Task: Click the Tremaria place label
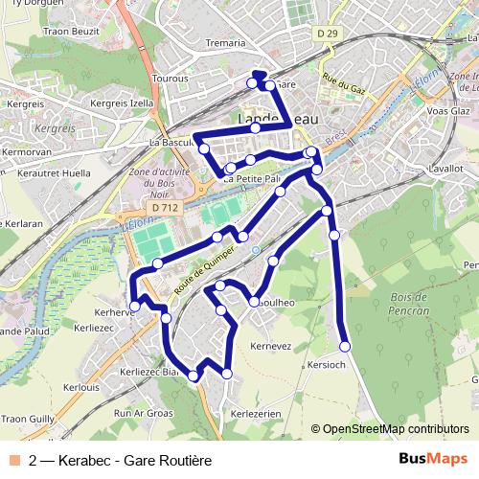tap(227, 43)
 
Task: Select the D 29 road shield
tap(327, 34)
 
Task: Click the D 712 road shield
tap(165, 207)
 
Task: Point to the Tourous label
tap(170, 79)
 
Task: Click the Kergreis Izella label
tap(122, 103)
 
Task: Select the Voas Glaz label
tap(449, 111)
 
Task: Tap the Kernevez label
tap(269, 345)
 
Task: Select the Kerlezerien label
tap(256, 412)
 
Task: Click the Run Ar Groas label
tap(143, 413)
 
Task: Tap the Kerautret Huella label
tap(54, 173)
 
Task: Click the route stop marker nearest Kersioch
tap(345, 346)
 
